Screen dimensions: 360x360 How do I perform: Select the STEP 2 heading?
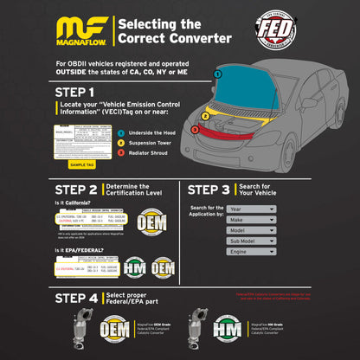[x=75, y=189]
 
